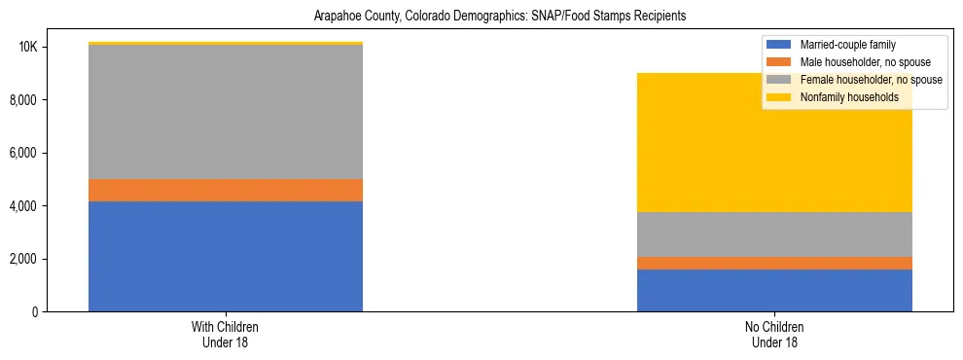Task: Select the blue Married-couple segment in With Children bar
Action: (x=226, y=256)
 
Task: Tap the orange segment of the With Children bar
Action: (x=226, y=190)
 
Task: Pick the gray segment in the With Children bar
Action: (x=226, y=112)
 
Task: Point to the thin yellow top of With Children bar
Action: (x=226, y=43)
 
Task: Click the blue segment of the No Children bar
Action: (x=774, y=290)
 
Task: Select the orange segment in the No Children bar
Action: (x=774, y=263)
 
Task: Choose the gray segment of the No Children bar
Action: (x=774, y=234)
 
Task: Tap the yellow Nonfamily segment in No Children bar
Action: (x=774, y=142)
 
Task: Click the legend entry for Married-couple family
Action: (x=847, y=45)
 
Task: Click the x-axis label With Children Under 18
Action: (x=226, y=334)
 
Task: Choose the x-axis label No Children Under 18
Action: (x=774, y=334)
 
